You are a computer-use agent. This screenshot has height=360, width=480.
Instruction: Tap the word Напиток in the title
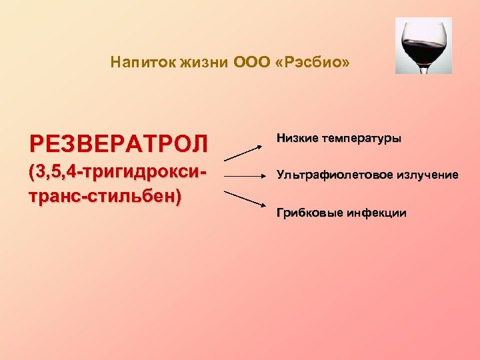pyautogui.click(x=137, y=63)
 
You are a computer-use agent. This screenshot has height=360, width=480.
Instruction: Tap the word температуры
pyautogui.click(x=361, y=139)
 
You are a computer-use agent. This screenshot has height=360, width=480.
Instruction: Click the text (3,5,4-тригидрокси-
pyautogui.click(x=117, y=174)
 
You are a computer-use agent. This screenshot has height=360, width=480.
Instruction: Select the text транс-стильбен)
pyautogui.click(x=104, y=197)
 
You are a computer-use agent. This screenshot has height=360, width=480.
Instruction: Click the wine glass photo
pyautogui.click(x=423, y=45)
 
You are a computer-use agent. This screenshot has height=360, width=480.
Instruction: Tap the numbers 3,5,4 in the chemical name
pyautogui.click(x=55, y=174)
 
